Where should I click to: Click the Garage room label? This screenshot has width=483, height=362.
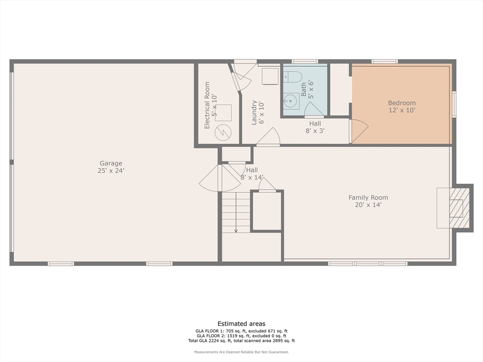coord(110,167)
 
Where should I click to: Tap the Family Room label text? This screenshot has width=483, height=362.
coord(368,201)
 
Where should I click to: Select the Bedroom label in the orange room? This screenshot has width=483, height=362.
coord(401,107)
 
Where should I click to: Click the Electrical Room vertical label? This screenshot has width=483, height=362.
coord(210,106)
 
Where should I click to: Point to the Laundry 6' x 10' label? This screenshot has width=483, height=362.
coord(258,112)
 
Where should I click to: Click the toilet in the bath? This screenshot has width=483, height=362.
coord(293,76)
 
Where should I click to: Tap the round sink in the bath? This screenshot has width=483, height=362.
coord(291,101)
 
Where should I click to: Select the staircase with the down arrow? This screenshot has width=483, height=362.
coord(236,212)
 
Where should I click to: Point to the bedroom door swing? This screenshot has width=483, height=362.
coord(358,131)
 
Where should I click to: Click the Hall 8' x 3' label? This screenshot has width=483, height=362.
coord(315,127)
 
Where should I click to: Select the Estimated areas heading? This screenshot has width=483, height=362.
coord(241,323)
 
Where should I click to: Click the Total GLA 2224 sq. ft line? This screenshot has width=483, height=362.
coord(241,340)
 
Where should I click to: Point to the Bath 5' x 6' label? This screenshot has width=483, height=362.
coord(307,89)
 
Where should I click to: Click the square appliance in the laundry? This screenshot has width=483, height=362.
coord(270,76)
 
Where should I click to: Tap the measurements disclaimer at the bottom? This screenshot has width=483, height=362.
coord(241,352)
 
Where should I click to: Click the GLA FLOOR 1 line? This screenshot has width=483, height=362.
coord(241,331)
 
